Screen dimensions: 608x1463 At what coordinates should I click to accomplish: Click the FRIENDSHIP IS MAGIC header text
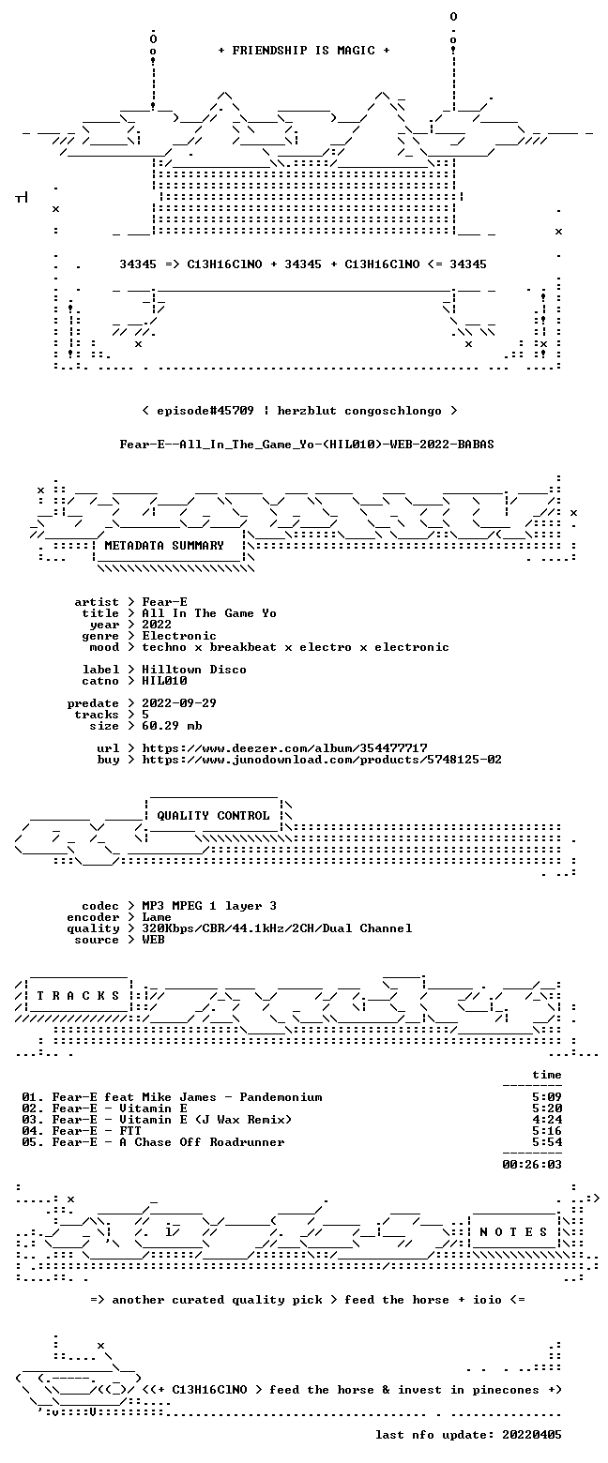(303, 51)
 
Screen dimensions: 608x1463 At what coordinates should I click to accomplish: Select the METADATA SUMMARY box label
(164, 546)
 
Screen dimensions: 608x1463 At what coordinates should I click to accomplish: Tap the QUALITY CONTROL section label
(213, 816)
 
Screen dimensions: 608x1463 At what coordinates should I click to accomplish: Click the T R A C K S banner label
(78, 996)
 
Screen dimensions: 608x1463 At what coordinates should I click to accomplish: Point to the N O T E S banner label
(513, 1231)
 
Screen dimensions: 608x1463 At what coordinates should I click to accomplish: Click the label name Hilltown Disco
(194, 670)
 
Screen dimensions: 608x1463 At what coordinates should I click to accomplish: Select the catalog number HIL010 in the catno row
(164, 681)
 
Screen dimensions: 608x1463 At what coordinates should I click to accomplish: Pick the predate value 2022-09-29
(179, 703)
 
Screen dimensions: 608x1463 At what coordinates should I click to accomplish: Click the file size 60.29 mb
(172, 726)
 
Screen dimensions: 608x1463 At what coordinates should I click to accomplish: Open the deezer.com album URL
(284, 747)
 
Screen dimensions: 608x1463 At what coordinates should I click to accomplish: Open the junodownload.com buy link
(322, 760)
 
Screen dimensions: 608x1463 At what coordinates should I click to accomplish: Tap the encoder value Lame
(157, 917)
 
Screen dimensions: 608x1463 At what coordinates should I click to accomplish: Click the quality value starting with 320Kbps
(277, 928)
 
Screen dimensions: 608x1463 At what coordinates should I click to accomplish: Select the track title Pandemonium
(281, 1097)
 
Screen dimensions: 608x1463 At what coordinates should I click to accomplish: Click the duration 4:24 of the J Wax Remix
(547, 1120)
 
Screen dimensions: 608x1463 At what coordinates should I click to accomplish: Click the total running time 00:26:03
(532, 1165)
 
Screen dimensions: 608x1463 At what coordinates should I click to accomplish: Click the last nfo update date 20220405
(532, 1435)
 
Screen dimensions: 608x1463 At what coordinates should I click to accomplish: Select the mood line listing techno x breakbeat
(296, 647)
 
